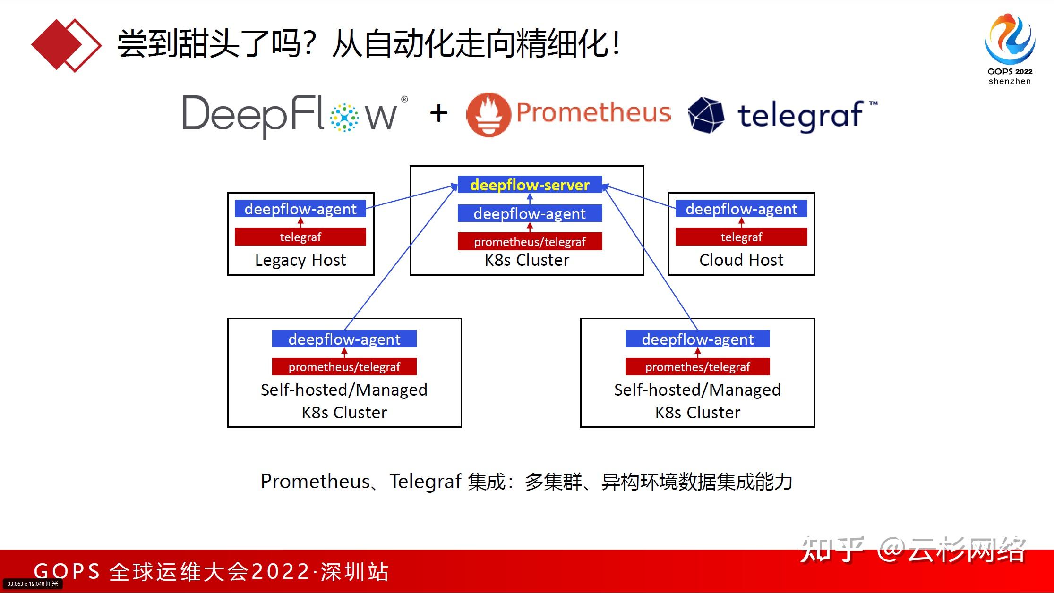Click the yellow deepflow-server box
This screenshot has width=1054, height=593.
click(x=530, y=185)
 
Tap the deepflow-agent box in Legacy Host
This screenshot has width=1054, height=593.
click(x=300, y=209)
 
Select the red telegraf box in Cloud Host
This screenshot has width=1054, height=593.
click(x=741, y=237)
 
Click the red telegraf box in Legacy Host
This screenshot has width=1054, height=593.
click(x=300, y=237)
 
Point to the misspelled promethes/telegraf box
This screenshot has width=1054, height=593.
click(x=697, y=367)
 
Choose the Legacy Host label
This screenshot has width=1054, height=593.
click(x=300, y=260)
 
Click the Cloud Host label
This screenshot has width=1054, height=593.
click(x=741, y=260)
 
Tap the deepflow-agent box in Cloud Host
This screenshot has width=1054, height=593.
click(x=741, y=209)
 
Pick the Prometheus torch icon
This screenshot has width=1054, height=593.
click(x=488, y=115)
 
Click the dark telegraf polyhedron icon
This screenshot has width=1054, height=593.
click(x=706, y=115)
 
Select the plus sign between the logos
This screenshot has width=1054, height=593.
click(x=438, y=113)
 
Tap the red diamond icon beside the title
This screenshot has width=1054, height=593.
click(x=66, y=45)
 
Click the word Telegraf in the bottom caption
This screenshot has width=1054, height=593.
click(x=425, y=482)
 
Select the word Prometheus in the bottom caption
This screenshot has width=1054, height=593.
click(x=315, y=482)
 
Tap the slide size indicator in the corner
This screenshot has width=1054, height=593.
click(x=33, y=584)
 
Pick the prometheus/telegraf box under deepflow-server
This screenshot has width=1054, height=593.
click(x=530, y=242)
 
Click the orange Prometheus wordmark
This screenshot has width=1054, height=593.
click(x=593, y=112)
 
